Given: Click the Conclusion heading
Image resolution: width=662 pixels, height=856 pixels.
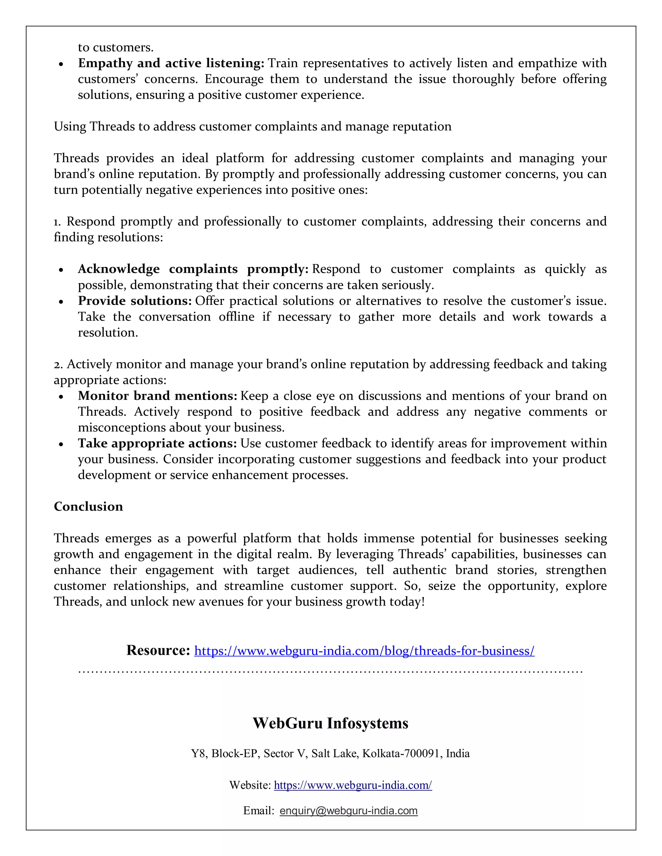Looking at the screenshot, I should coord(88,506).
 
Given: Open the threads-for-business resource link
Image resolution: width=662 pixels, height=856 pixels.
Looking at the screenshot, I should coord(364,651).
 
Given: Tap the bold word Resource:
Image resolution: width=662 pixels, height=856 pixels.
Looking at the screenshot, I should coord(158,650).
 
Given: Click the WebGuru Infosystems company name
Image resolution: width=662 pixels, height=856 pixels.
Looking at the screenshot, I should coord(330,723).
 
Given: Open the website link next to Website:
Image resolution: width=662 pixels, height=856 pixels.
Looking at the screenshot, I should coord(353,785).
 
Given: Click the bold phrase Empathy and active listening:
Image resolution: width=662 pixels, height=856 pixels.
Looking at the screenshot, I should coord(171,63).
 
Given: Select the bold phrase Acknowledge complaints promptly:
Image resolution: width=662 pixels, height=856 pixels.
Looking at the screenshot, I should coord(193,269).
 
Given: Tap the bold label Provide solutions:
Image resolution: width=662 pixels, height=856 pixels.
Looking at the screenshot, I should coord(134,301).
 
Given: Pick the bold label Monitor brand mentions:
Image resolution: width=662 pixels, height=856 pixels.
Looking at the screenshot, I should coord(157,396).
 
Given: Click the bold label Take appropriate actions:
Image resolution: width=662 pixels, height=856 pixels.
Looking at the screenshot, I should coord(157,443).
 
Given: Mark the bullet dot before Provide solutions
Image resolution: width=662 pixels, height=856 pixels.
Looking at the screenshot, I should coord(61,302).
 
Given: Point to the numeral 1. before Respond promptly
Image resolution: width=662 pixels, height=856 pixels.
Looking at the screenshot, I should coord(57,222).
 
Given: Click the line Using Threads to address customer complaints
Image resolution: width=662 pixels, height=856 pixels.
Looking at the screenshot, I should coord(252,127).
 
